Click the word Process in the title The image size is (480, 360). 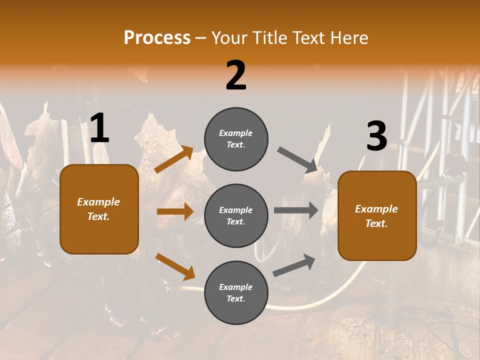point(157,38)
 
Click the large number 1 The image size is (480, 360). point(99,128)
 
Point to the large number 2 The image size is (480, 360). point(236,75)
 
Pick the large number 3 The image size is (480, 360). point(376,136)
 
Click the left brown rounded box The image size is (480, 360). point(99,209)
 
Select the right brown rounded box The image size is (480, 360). point(377,215)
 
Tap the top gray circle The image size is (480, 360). point(236,139)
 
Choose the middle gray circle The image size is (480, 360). point(236,215)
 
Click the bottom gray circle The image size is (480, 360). point(236,292)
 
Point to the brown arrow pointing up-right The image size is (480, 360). point(173,159)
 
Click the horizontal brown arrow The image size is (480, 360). point(175,211)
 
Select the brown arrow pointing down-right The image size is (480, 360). point(175,266)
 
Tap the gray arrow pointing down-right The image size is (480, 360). point(297,159)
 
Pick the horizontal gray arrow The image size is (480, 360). point(296,210)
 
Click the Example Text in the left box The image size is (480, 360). point(98,209)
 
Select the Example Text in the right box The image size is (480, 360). point(376,216)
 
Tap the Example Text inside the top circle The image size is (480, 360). point(236,139)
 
